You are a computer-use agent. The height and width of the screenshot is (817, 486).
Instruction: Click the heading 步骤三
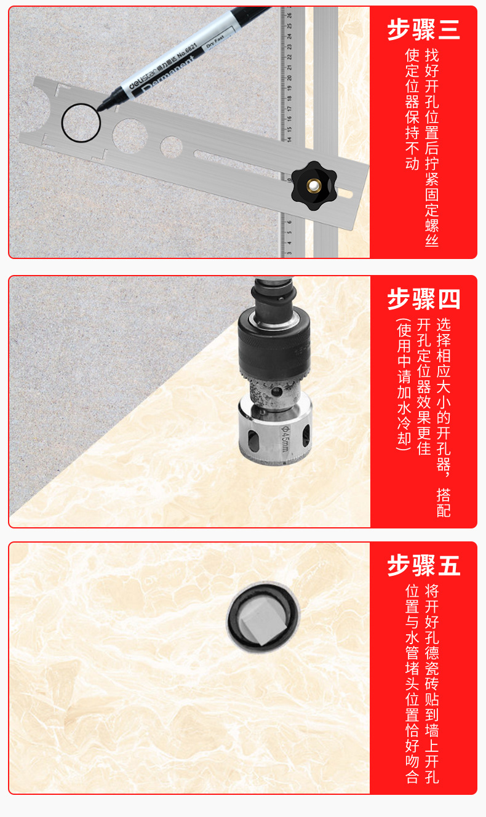pos(423,30)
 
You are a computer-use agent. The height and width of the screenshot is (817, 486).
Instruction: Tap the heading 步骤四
pos(423,299)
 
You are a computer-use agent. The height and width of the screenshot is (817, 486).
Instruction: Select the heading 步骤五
pos(423,565)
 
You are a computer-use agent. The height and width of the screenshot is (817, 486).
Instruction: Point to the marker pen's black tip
pos(99,106)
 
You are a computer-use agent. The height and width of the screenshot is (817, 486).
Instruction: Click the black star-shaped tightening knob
pos(314,186)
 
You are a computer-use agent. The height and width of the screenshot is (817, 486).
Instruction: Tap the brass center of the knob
pos(313,186)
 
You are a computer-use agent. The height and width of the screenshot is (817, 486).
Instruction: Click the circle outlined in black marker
pos(81,123)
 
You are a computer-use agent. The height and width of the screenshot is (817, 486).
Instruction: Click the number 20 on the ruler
pos(290,78)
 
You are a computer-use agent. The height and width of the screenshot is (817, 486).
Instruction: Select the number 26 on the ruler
pos(290,15)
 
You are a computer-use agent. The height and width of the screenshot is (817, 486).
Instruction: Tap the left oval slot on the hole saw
pos(252,439)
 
